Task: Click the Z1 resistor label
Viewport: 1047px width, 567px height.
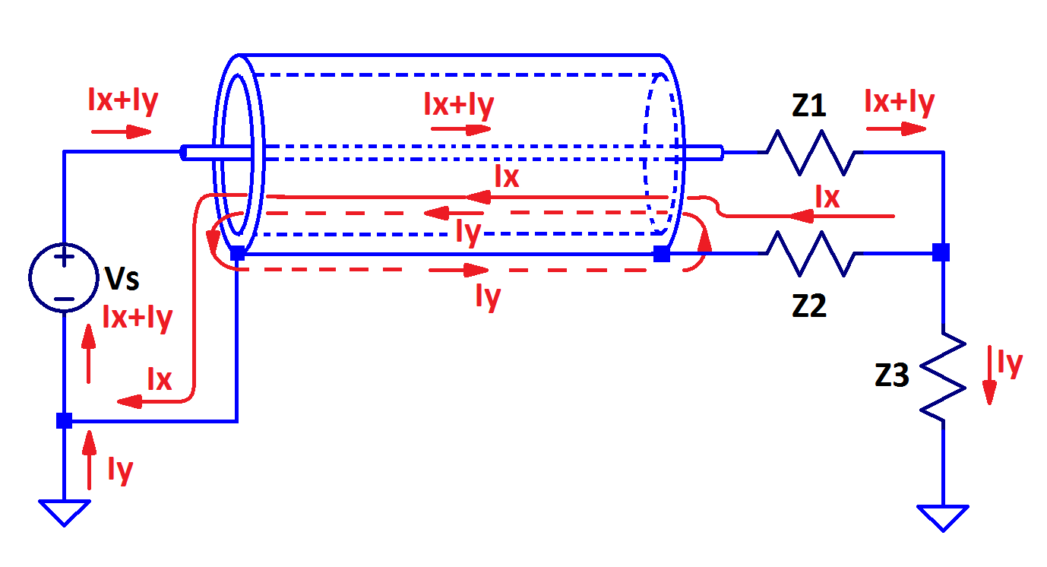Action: click(x=808, y=106)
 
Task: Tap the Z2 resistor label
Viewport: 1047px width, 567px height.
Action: click(x=808, y=306)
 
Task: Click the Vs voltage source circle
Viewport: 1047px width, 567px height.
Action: click(x=64, y=278)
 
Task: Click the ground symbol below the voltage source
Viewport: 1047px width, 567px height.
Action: click(x=65, y=512)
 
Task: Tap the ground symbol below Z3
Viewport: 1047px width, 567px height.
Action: click(x=943, y=517)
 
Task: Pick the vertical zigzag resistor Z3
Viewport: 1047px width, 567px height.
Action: click(x=943, y=375)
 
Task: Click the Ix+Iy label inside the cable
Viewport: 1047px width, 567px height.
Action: click(x=459, y=105)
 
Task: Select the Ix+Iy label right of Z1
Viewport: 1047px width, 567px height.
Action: click(x=900, y=102)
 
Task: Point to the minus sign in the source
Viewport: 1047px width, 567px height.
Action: click(x=65, y=299)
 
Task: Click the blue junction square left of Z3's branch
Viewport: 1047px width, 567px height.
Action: click(x=941, y=252)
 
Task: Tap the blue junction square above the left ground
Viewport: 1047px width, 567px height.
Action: click(x=65, y=420)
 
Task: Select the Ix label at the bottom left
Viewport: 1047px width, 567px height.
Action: click(x=159, y=379)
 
